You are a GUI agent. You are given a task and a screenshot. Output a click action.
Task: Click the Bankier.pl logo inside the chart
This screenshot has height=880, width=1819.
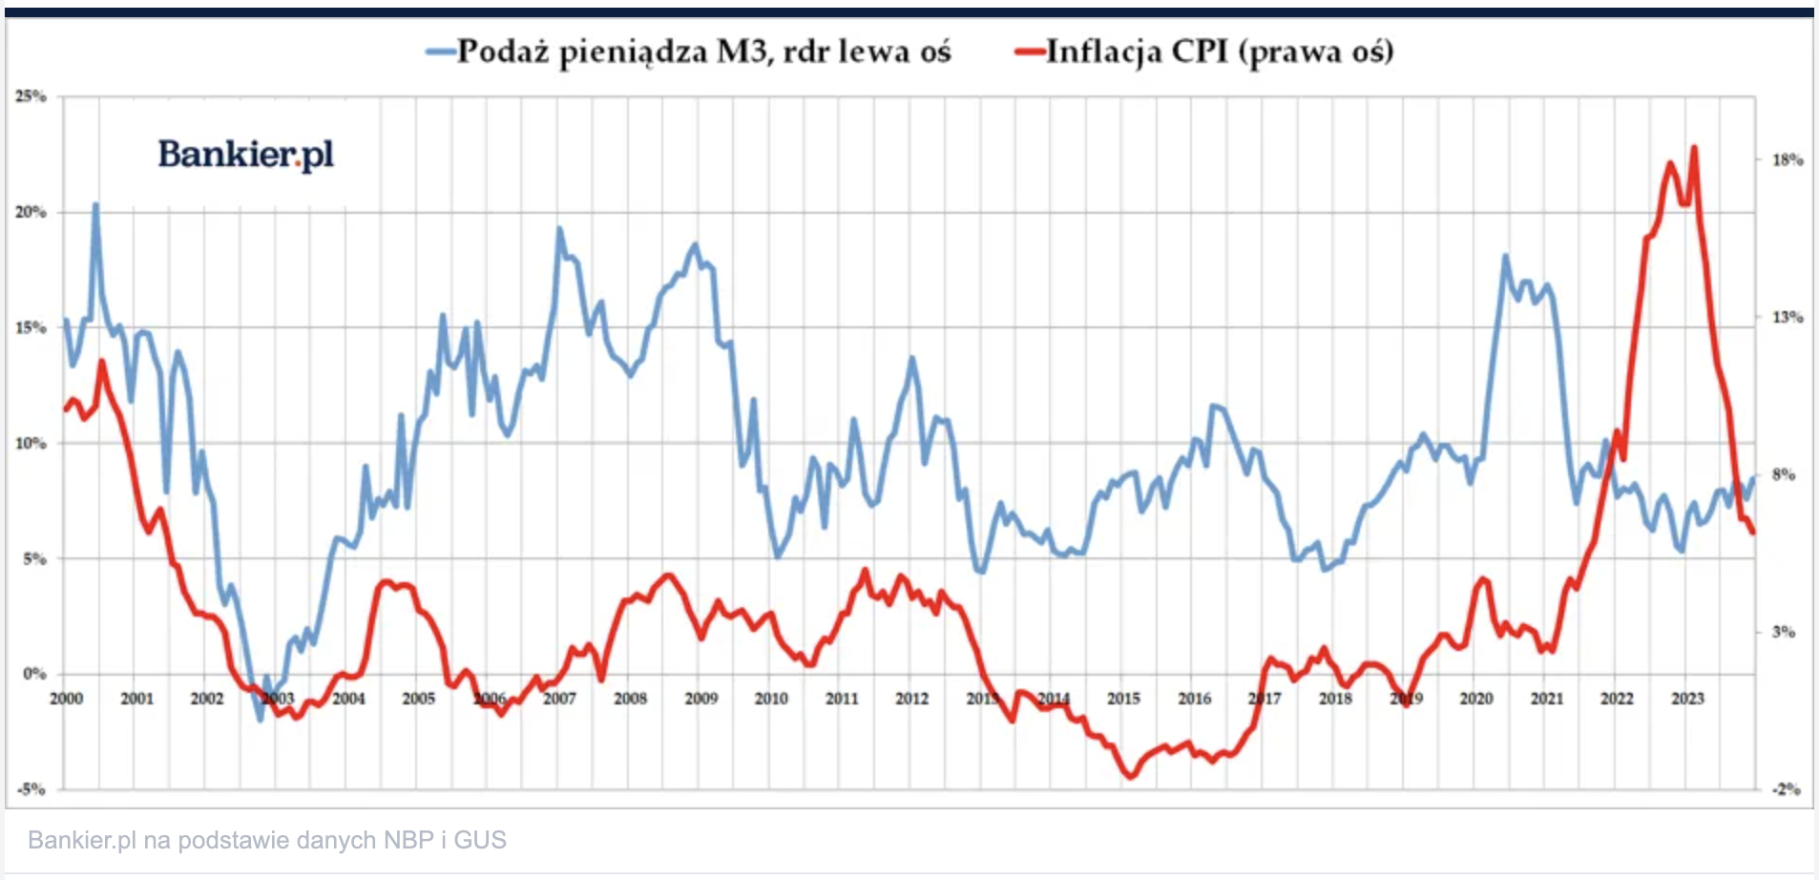pyautogui.click(x=245, y=154)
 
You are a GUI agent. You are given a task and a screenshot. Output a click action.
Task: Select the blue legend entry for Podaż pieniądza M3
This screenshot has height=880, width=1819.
pyautogui.click(x=689, y=52)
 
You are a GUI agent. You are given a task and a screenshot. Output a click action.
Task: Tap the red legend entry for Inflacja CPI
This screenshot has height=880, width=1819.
pyautogui.click(x=1205, y=52)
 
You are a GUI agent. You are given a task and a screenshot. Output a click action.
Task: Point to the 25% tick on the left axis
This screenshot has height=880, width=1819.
pyautogui.click(x=31, y=96)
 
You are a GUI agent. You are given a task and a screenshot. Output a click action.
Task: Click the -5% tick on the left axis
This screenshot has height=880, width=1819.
pyautogui.click(x=31, y=789)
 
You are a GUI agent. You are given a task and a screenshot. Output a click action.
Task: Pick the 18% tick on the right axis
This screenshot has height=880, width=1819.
pyautogui.click(x=1787, y=159)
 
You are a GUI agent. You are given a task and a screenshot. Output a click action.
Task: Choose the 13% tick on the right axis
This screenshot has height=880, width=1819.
pyautogui.click(x=1787, y=317)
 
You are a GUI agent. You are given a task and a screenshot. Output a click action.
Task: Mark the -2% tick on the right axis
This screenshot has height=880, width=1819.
pyautogui.click(x=1787, y=789)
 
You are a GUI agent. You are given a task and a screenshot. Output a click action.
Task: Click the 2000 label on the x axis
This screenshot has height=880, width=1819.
pyautogui.click(x=66, y=699)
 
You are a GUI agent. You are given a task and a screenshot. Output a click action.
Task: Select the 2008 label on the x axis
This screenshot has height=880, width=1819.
pyautogui.click(x=630, y=699)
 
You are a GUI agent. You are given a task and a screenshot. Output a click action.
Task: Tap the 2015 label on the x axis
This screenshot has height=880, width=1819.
pyautogui.click(x=1123, y=699)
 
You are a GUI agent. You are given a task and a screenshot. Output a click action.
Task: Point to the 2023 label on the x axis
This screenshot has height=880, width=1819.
pyautogui.click(x=1687, y=699)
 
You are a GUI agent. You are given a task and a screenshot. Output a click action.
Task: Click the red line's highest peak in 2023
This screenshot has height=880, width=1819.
pyautogui.click(x=1694, y=147)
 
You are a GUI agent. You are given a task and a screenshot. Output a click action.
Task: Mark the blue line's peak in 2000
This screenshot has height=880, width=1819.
pyautogui.click(x=95, y=204)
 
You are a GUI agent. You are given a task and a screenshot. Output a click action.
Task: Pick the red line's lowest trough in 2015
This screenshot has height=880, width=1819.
pyautogui.click(x=1131, y=777)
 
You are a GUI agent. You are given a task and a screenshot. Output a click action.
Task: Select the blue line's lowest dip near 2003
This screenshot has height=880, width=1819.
pyautogui.click(x=260, y=720)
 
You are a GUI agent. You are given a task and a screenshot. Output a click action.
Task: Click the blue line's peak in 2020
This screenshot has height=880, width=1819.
pyautogui.click(x=1505, y=256)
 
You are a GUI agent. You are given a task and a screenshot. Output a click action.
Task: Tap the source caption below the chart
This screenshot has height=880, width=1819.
pyautogui.click(x=267, y=840)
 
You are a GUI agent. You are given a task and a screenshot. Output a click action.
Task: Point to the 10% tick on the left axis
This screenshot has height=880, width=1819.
pyautogui.click(x=31, y=443)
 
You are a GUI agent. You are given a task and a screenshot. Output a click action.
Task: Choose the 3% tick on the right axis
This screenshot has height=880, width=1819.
pyautogui.click(x=1783, y=632)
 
